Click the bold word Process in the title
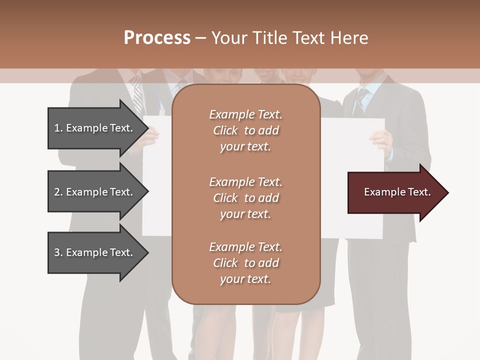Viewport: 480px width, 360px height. tap(157, 37)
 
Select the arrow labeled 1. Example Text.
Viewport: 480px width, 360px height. tap(95, 128)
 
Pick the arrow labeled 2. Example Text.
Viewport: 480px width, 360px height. tap(95, 192)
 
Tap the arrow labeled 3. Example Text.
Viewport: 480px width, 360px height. tap(95, 252)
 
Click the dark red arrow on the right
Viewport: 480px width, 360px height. tap(395, 192)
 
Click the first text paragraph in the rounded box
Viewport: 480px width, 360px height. tap(245, 130)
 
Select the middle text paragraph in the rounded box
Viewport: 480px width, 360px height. tap(245, 198)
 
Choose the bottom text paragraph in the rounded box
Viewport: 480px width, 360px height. tap(245, 263)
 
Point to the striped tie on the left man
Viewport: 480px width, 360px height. tap(137, 97)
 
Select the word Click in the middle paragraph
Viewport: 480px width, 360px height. tap(225, 198)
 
